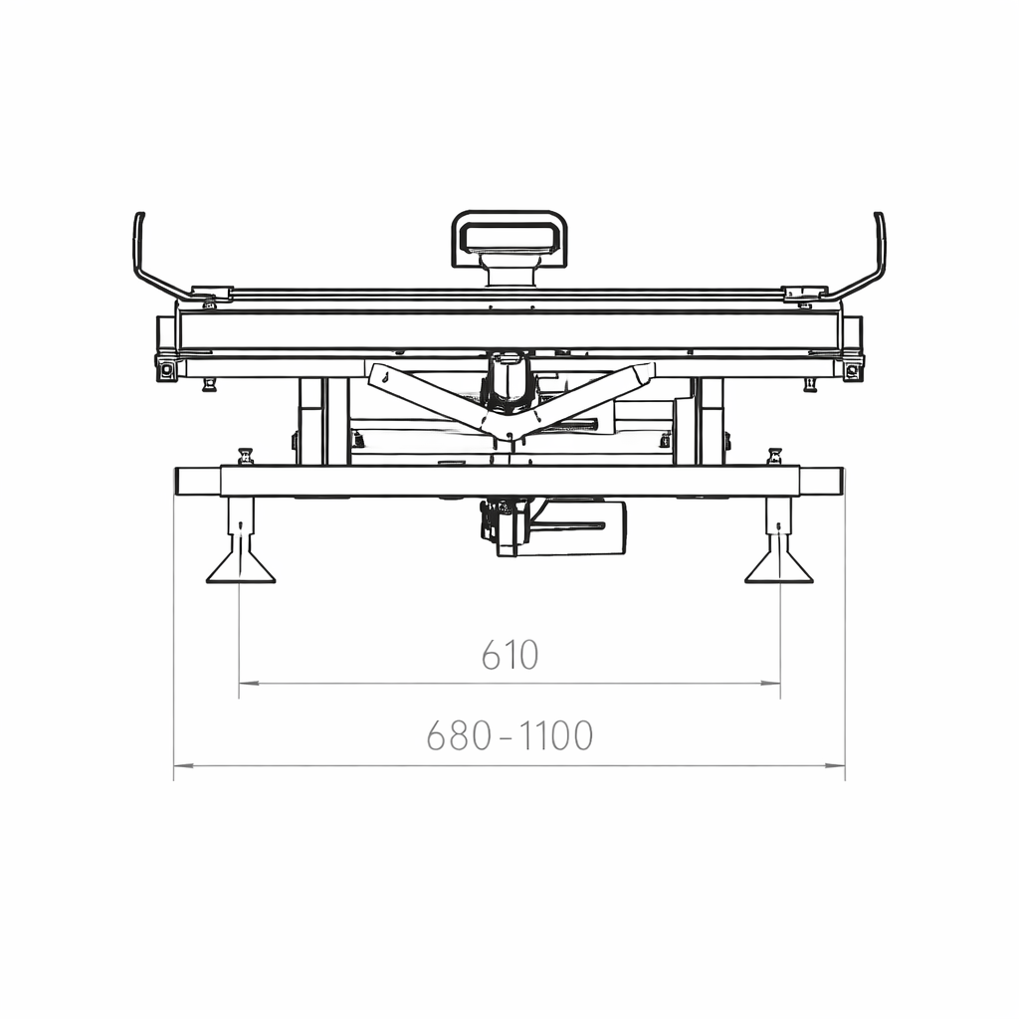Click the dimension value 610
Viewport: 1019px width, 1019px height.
[x=510, y=655]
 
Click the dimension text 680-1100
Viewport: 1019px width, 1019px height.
[x=509, y=735]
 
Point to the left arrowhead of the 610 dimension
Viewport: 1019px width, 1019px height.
[x=248, y=683]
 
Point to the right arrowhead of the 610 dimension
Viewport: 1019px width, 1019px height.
[x=771, y=683]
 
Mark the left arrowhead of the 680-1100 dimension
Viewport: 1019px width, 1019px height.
[x=183, y=765]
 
